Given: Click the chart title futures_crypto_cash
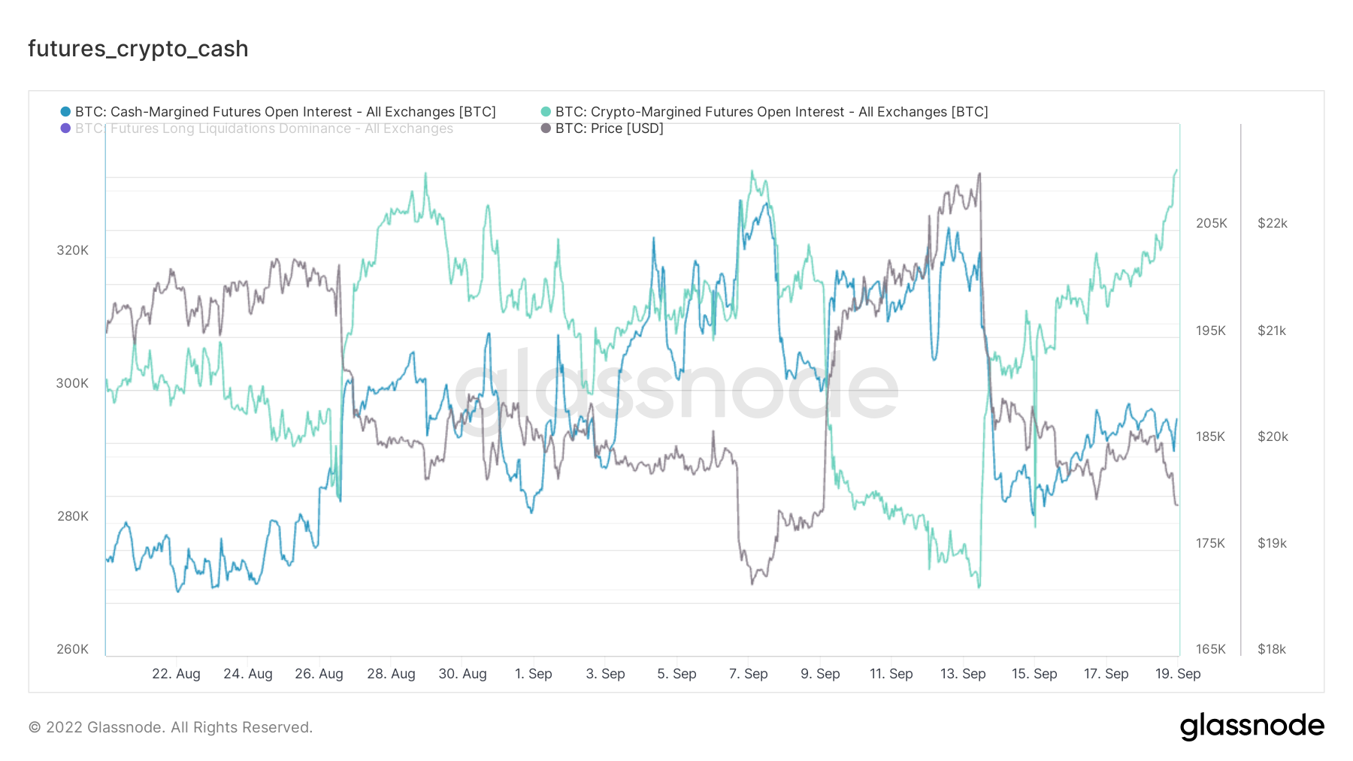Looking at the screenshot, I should pyautogui.click(x=138, y=49).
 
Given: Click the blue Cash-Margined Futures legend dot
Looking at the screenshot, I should pyautogui.click(x=65, y=112).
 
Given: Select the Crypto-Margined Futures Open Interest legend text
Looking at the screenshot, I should pyautogui.click(x=771, y=112).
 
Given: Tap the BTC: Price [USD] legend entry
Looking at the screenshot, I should pyautogui.click(x=609, y=128).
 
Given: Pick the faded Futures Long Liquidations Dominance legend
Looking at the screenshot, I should pyautogui.click(x=264, y=128).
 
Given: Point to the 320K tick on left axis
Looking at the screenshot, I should pyautogui.click(x=73, y=250).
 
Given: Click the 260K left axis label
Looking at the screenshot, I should pyautogui.click(x=73, y=649).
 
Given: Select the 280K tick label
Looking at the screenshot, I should pyautogui.click(x=73, y=516).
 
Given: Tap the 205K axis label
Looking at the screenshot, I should pyautogui.click(x=1211, y=223).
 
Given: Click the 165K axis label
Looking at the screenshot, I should pyautogui.click(x=1211, y=649).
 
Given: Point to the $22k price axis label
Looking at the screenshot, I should pyautogui.click(x=1273, y=223).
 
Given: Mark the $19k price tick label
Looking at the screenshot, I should pyautogui.click(x=1273, y=543).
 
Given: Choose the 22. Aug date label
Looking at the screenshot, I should pyautogui.click(x=176, y=674).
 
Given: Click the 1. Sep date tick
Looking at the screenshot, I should pyautogui.click(x=534, y=674).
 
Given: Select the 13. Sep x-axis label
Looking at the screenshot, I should pyautogui.click(x=963, y=674).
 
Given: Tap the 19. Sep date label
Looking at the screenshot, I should pyautogui.click(x=1178, y=674).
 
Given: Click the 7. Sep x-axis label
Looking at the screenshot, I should pyautogui.click(x=749, y=674).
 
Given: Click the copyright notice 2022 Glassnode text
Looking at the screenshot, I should pyautogui.click(x=171, y=727).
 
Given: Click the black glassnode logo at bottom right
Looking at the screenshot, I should pyautogui.click(x=1252, y=726).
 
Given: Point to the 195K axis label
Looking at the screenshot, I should pyautogui.click(x=1211, y=331).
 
